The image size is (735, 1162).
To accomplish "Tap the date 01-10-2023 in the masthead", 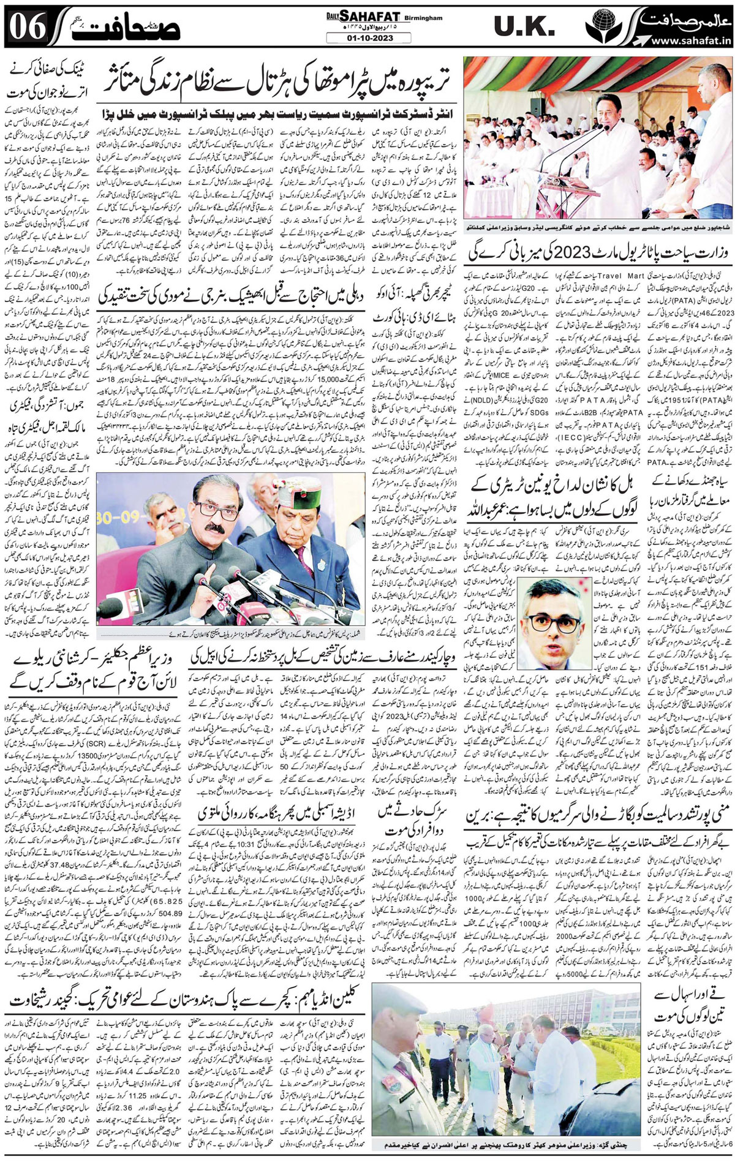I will point(367,39).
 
